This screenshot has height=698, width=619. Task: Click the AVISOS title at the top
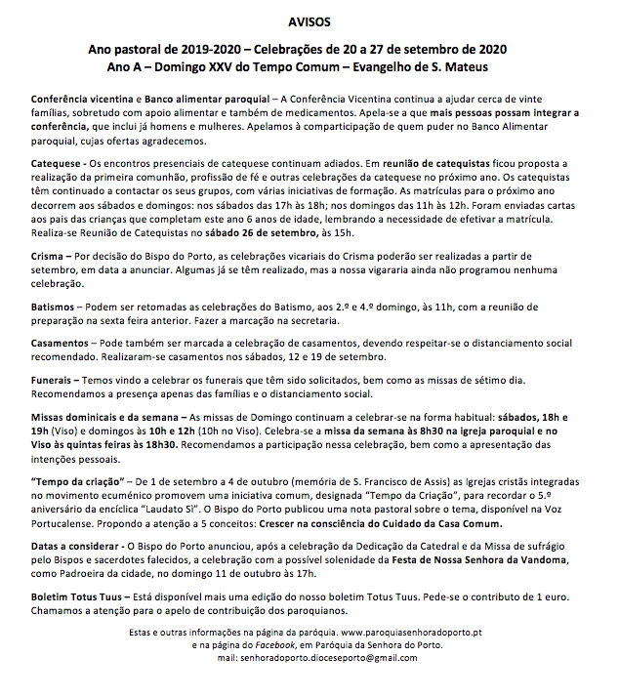(x=309, y=21)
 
